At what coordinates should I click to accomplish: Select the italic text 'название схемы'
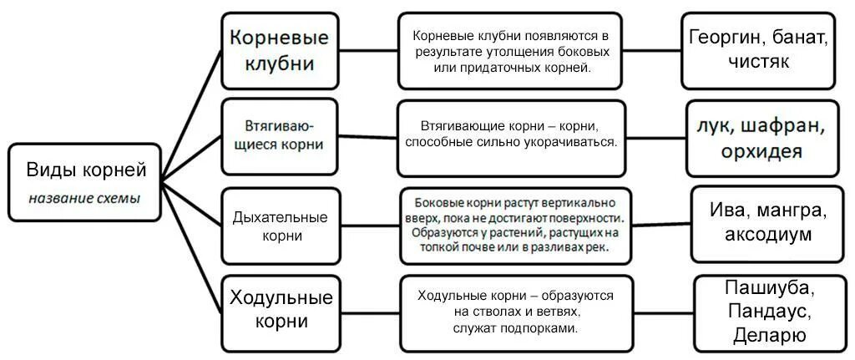[x=84, y=199]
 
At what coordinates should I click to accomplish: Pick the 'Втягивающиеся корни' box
[x=279, y=134]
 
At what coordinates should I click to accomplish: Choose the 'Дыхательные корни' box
[x=279, y=226]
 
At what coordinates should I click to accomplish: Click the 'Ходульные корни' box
[x=280, y=309]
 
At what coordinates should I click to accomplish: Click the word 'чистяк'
[x=758, y=62]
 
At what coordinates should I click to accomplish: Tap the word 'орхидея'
[x=763, y=153]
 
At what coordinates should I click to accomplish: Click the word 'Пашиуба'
[x=766, y=287]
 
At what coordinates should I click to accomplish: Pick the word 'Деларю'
[x=769, y=336]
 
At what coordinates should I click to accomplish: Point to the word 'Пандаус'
[x=766, y=312]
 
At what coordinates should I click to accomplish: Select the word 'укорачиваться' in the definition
[x=575, y=142]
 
